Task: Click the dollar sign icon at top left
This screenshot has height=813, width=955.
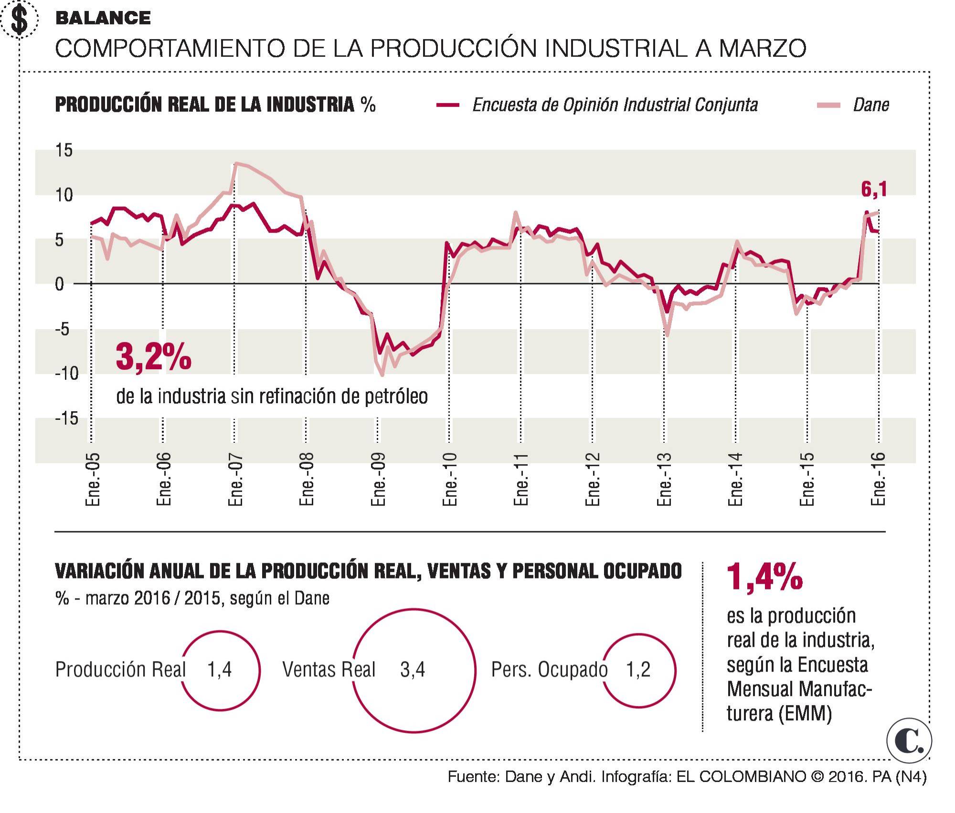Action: pos(20,20)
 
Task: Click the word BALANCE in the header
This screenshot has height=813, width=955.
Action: pos(103,18)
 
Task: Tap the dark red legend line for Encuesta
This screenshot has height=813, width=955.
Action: pos(448,105)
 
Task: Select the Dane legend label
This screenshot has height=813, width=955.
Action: pos(870,105)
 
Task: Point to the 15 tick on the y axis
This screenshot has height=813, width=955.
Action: pos(64,150)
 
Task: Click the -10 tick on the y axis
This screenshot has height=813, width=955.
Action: pos(66,374)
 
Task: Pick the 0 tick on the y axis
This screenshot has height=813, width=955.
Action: pos(60,284)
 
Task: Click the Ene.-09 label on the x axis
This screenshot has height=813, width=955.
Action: pos(378,479)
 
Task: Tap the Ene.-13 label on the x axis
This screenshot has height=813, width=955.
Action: pos(664,479)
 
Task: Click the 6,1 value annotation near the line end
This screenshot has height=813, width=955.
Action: pos(874,190)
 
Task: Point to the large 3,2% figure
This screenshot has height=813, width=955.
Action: pos(153,357)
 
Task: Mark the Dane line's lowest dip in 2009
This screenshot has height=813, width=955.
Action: pos(382,375)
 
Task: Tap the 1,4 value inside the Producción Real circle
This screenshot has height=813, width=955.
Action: pos(219,670)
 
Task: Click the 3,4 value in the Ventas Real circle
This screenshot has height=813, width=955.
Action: pos(413,670)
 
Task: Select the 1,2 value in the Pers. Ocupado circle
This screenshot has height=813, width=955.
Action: pos(638,670)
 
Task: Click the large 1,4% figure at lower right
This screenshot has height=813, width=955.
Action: pos(764,577)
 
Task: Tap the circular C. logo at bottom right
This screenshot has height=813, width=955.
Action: pos(909,741)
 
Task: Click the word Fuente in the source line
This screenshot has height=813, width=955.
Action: pos(473,777)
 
